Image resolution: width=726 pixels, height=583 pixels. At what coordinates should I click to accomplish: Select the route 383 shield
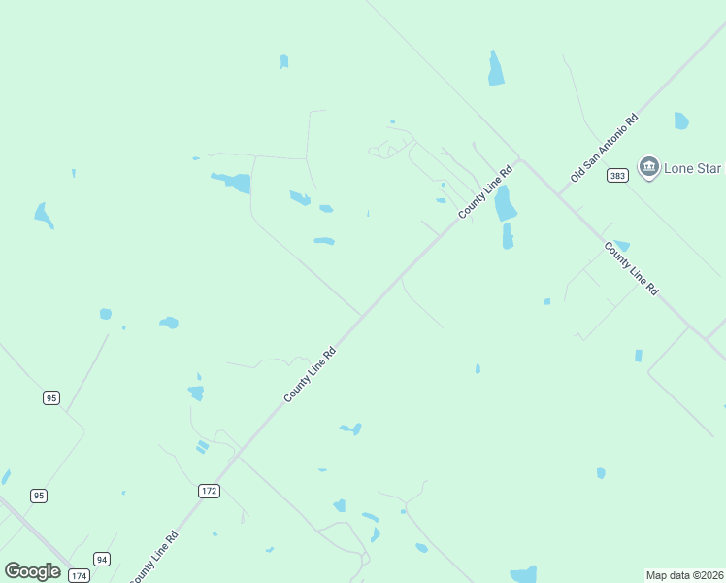pos(618,176)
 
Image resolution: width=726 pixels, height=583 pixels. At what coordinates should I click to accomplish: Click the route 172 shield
pos(209,491)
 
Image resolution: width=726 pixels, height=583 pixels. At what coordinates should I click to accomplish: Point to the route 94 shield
pos(102,559)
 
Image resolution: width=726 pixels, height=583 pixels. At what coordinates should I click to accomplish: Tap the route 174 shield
pos(79,575)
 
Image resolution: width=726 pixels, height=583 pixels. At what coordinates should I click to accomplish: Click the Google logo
pos(33,571)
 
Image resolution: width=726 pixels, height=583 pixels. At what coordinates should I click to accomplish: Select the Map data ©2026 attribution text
pos(684,575)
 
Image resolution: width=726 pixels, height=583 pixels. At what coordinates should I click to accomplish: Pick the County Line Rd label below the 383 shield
pos(631,268)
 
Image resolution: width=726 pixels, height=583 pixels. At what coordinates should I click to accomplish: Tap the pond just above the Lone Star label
pos(681,121)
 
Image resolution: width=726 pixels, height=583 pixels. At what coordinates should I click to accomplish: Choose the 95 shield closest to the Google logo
pos(38,496)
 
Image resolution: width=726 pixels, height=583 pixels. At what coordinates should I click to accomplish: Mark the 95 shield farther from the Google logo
pos(51,397)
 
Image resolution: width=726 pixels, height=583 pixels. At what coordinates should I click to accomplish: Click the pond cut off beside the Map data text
pos(523,574)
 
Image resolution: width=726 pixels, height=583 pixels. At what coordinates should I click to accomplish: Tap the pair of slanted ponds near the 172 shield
pos(202,446)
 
